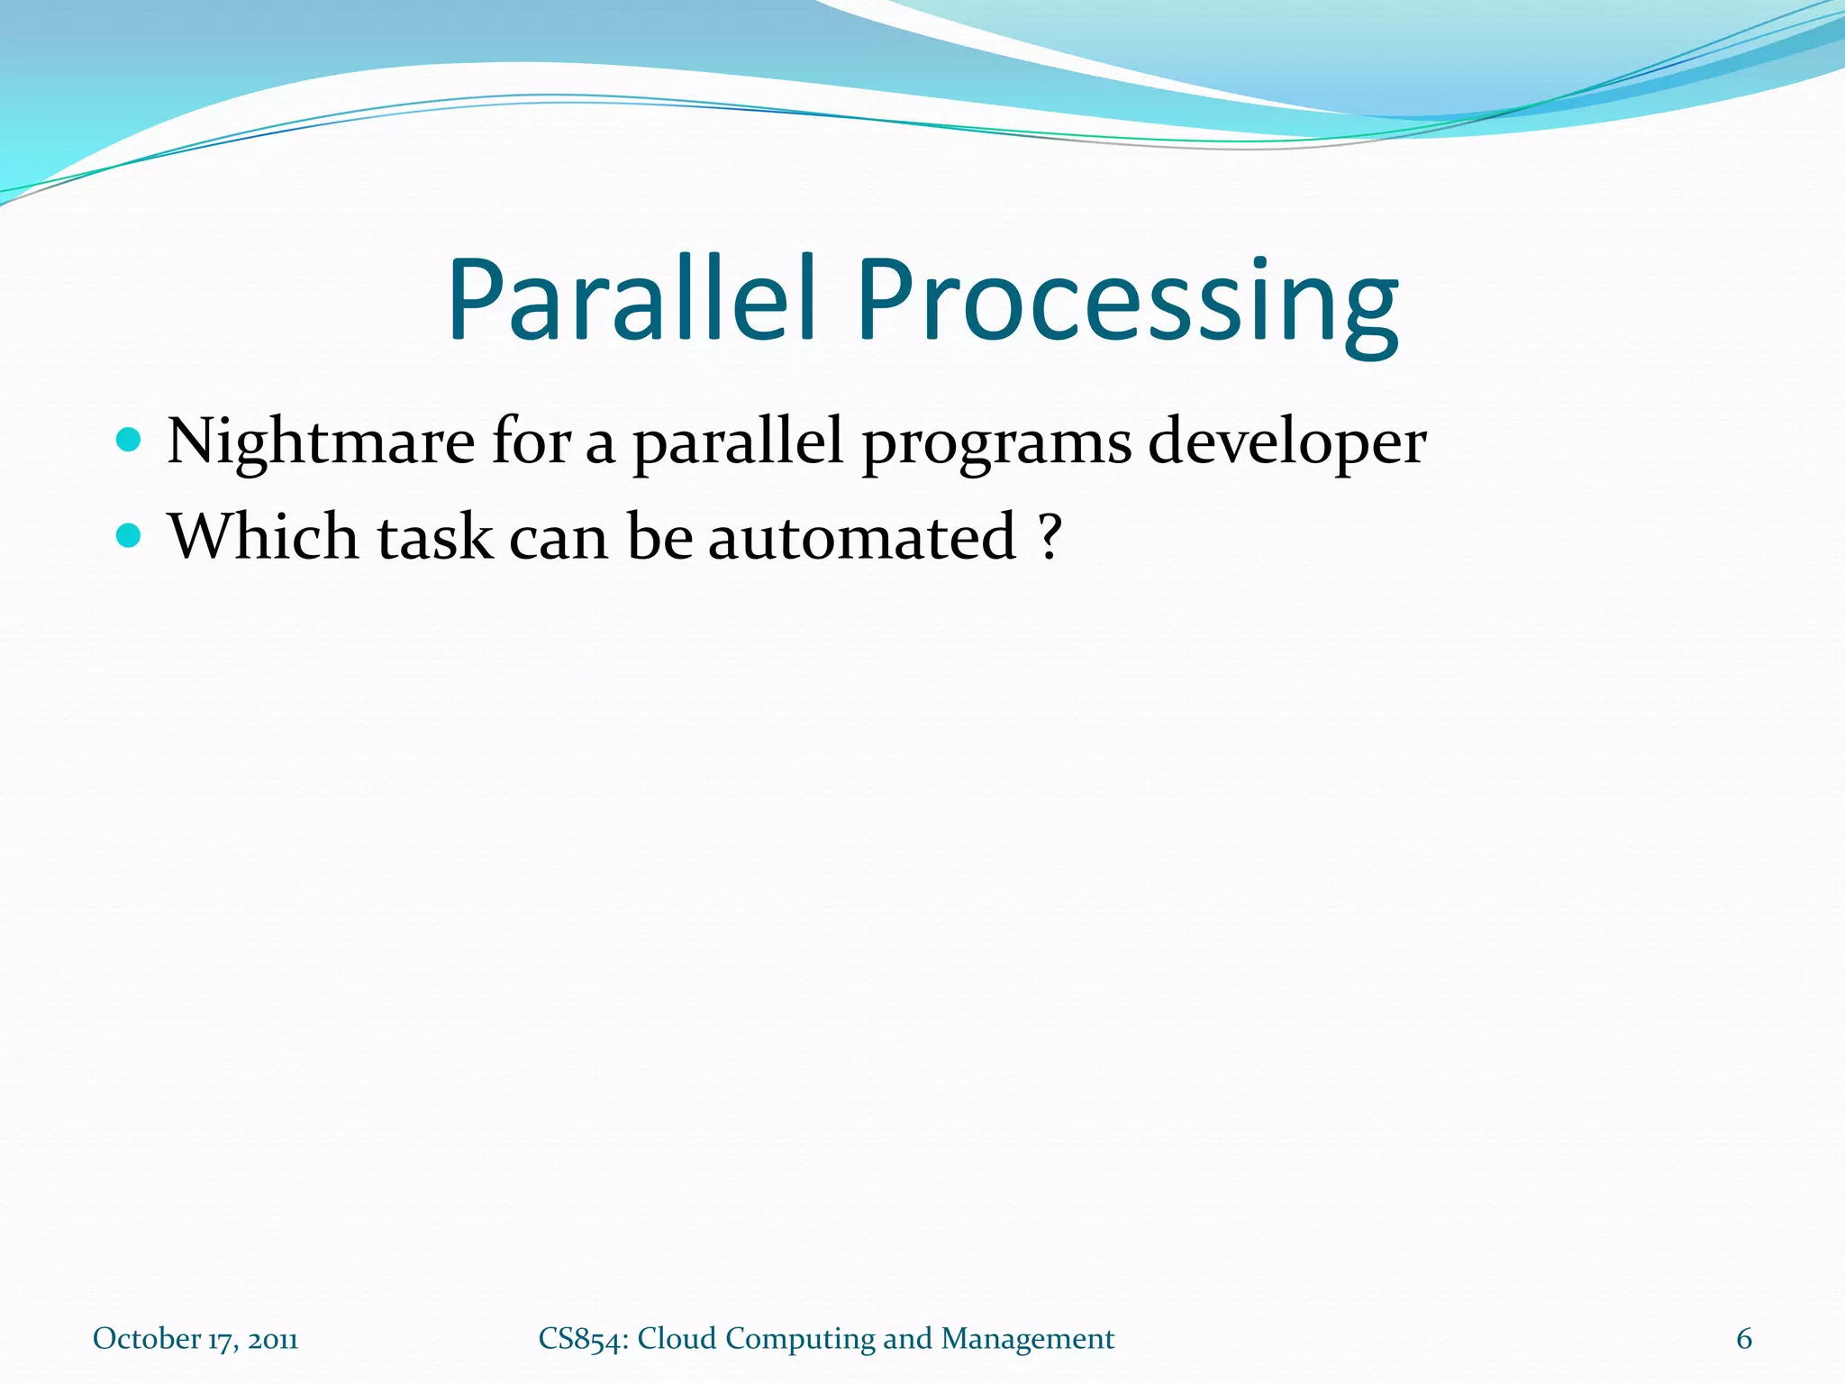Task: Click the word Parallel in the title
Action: pyautogui.click(x=631, y=299)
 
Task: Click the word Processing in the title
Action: pyautogui.click(x=1128, y=299)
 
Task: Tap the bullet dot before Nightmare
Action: pyautogui.click(x=130, y=441)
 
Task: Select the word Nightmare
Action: pyautogui.click(x=321, y=442)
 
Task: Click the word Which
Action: pyautogui.click(x=263, y=536)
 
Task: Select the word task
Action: pyautogui.click(x=434, y=536)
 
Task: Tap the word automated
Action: pyautogui.click(x=862, y=536)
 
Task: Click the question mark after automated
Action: pyautogui.click(x=1049, y=536)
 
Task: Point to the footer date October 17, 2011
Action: pyautogui.click(x=195, y=1339)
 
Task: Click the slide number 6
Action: pyautogui.click(x=1744, y=1339)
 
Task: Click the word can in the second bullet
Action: pyautogui.click(x=559, y=538)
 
